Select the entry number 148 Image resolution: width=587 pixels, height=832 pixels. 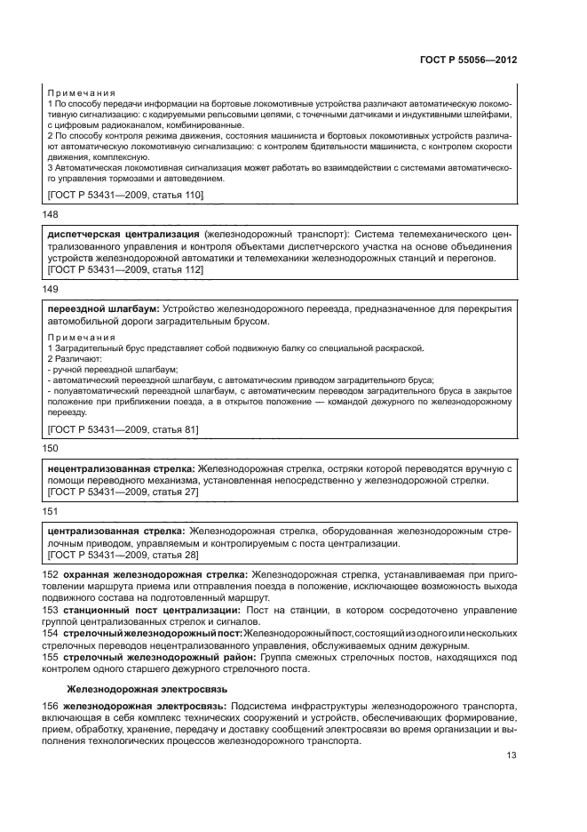point(51,214)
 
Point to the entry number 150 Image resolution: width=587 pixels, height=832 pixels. point(51,448)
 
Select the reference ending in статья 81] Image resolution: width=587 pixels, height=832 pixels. point(122,429)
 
